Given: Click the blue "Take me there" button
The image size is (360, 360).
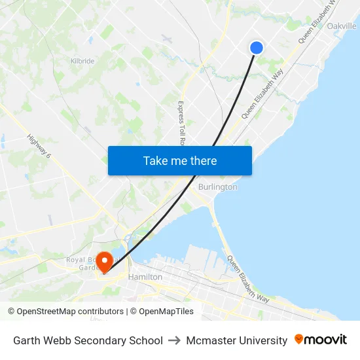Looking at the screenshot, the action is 180,160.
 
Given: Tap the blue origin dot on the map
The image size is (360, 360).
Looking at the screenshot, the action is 257,47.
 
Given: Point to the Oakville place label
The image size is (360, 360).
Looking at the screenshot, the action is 342,26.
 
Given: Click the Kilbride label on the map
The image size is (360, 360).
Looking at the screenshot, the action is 82,61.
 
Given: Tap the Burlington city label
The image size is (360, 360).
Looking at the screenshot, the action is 217,187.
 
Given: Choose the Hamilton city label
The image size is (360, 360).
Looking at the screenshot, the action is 145,277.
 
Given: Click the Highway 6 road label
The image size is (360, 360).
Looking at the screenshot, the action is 39,154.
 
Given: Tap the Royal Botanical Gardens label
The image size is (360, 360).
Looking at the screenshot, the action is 82,264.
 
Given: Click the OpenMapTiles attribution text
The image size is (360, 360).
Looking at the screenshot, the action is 166,312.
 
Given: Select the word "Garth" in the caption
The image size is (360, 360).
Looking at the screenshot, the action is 27,340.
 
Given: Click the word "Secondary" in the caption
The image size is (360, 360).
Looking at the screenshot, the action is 104,340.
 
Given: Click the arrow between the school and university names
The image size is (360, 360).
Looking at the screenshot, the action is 174,340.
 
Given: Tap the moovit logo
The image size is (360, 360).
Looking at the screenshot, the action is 321,340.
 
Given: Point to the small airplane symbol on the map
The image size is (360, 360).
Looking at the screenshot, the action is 166,39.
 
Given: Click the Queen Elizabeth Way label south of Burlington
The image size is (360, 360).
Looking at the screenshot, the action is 247,279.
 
